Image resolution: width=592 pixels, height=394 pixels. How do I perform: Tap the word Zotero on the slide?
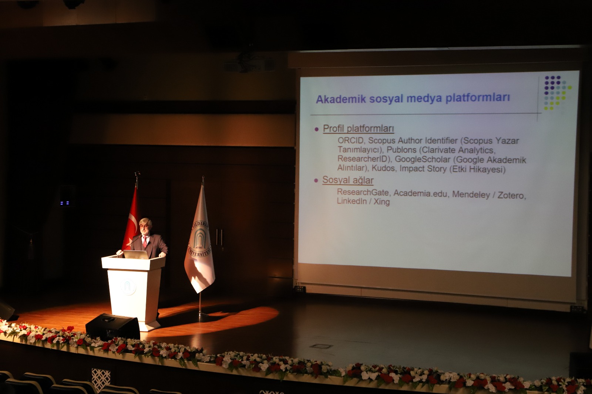click(512, 195)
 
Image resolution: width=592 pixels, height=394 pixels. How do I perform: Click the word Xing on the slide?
click(381, 202)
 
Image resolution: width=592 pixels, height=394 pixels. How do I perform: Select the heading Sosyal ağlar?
click(348, 180)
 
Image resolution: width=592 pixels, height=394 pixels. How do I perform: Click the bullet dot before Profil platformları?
click(317, 129)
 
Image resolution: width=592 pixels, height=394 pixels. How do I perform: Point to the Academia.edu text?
click(420, 194)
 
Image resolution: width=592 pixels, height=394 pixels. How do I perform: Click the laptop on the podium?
click(136, 255)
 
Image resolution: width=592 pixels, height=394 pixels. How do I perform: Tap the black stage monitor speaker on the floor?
click(113, 327)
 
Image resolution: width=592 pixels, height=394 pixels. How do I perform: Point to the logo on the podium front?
click(128, 286)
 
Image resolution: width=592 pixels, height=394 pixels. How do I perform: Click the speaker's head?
click(146, 226)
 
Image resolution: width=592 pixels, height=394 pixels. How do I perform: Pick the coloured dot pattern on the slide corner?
click(557, 93)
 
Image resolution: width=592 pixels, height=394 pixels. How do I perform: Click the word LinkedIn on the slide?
click(352, 201)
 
